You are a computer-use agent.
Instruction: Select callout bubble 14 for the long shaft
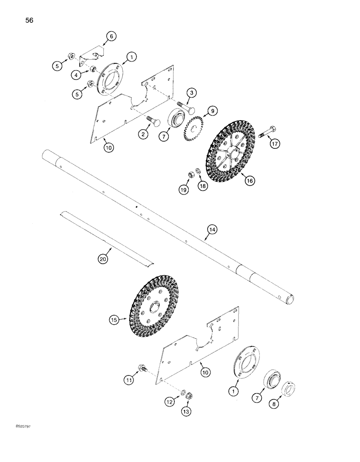tap(212, 229)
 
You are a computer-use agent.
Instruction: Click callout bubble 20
tap(103, 259)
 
